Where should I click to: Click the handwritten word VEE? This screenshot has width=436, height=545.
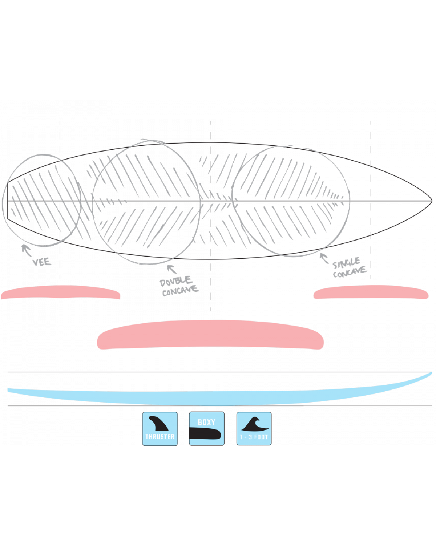tap(42, 262)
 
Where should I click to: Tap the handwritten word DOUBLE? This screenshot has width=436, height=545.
tap(175, 281)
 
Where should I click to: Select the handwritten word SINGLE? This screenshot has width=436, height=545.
tap(346, 263)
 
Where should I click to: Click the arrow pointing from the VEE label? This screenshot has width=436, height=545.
tap(26, 250)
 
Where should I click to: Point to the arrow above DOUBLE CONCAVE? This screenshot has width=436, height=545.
tap(172, 269)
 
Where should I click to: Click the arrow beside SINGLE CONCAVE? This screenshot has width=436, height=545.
tap(324, 258)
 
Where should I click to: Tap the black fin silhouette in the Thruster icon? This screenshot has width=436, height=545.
tap(158, 423)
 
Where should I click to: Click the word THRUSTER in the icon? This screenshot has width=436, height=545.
tap(160, 437)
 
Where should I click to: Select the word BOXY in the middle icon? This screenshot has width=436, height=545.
tap(206, 422)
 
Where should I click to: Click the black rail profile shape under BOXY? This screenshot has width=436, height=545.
tap(205, 433)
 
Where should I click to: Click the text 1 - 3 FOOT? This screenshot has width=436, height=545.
tap(254, 437)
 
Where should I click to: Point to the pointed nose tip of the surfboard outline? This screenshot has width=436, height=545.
tap(432, 201)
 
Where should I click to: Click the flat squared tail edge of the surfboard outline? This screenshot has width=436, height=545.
tap(7, 201)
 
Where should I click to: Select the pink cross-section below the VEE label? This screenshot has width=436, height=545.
tap(61, 292)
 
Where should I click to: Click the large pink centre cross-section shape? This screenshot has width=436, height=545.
tap(210, 335)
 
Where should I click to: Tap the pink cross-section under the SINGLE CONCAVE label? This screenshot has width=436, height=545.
tap(371, 292)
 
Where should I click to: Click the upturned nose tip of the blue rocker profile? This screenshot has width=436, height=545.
tap(431, 373)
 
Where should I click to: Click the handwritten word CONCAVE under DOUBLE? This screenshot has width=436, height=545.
tap(180, 291)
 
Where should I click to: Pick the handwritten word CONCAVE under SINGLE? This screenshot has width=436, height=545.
tap(350, 272)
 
